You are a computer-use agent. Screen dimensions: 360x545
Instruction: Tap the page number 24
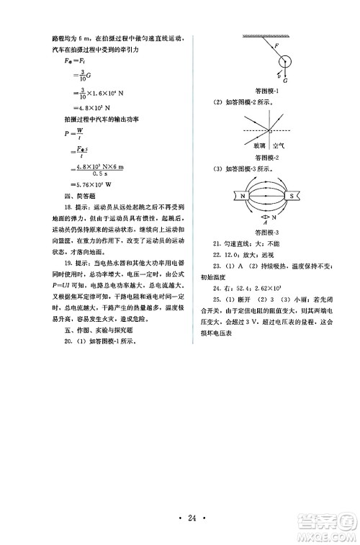coord(181,515)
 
